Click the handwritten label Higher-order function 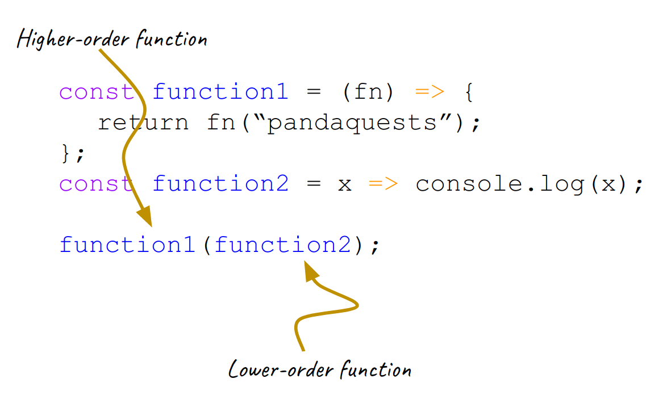pyautogui.click(x=112, y=39)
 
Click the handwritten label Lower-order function pyautogui.click(x=319, y=369)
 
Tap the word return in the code pyautogui.click(x=143, y=123)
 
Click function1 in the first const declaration pyautogui.click(x=220, y=92)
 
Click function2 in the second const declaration pyautogui.click(x=220, y=184)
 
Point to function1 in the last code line pyautogui.click(x=127, y=245)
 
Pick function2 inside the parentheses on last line pyautogui.click(x=282, y=245)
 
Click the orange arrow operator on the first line pyautogui.click(x=430, y=92)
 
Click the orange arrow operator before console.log pyautogui.click(x=383, y=184)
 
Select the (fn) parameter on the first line pyautogui.click(x=368, y=92)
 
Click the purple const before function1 pyautogui.click(x=97, y=92)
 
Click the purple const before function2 pyautogui.click(x=97, y=184)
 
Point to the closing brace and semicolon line pyautogui.click(x=72, y=153)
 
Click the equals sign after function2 pyautogui.click(x=313, y=184)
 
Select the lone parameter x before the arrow pyautogui.click(x=344, y=184)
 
